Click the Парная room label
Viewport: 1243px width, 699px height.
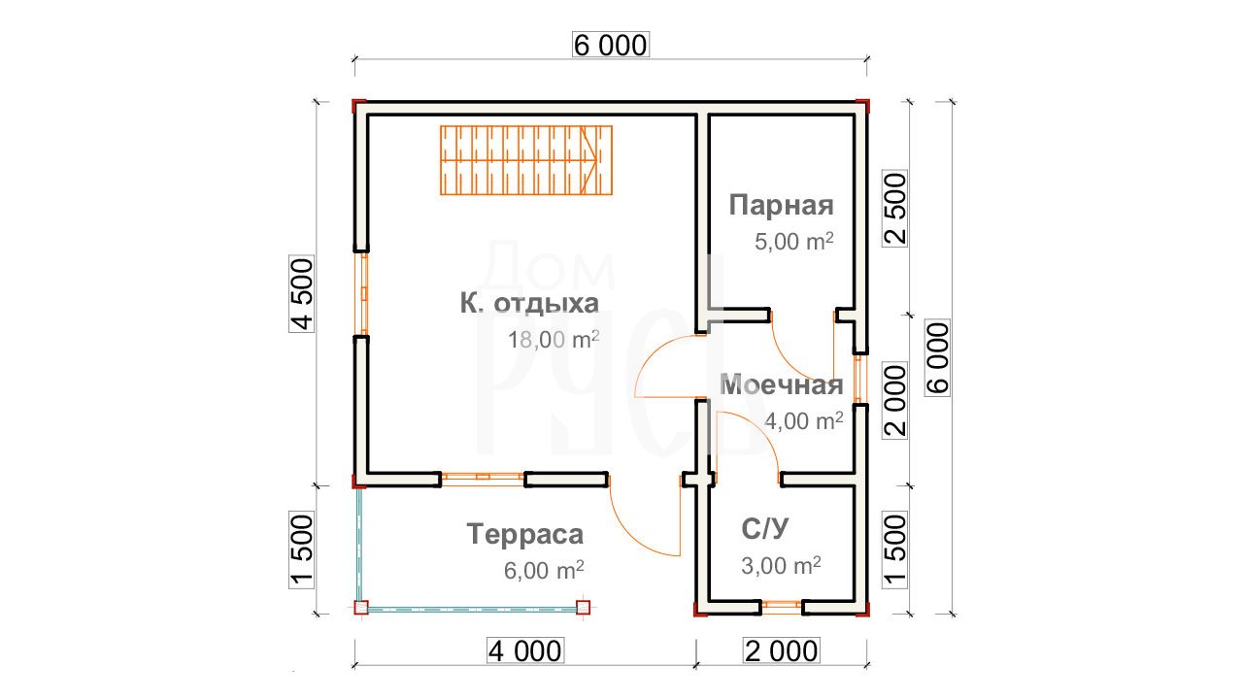pyautogui.click(x=781, y=205)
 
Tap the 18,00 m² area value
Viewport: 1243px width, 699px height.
pyautogui.click(x=554, y=340)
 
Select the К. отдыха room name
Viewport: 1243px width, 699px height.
pyautogui.click(x=529, y=304)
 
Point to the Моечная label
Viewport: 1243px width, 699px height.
pyautogui.click(x=782, y=384)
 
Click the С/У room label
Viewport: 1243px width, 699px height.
pyautogui.click(x=764, y=529)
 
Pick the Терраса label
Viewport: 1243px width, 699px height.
pyautogui.click(x=525, y=534)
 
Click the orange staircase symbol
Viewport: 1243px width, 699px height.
pyautogui.click(x=526, y=160)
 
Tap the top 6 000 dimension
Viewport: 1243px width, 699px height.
pyautogui.click(x=611, y=45)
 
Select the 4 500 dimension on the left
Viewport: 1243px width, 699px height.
pyautogui.click(x=302, y=294)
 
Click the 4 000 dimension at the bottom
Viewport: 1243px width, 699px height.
pyautogui.click(x=525, y=650)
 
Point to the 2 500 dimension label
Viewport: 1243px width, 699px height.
pyautogui.click(x=895, y=209)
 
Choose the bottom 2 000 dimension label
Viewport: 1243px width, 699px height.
pyautogui.click(x=782, y=650)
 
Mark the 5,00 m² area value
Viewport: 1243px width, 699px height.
pyautogui.click(x=794, y=242)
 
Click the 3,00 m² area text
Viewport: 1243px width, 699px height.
pyautogui.click(x=782, y=566)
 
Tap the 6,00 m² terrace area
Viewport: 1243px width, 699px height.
pyautogui.click(x=544, y=570)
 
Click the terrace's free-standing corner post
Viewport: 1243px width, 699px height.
pyautogui.click(x=583, y=607)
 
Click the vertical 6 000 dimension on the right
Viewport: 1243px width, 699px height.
pyautogui.click(x=938, y=358)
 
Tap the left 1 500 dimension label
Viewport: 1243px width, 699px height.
pyautogui.click(x=302, y=550)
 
